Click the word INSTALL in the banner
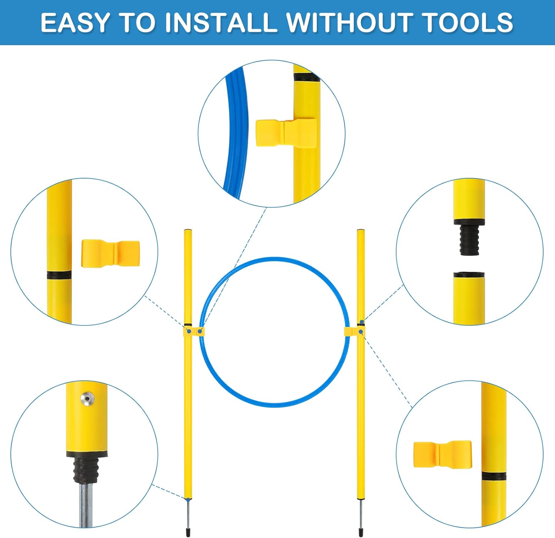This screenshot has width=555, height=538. pos(219,23)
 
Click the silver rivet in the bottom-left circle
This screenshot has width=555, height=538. pos(87,399)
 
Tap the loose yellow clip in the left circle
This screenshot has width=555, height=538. pos(110,253)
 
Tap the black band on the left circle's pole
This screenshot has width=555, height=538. pos(59,275)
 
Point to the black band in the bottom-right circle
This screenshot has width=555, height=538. pos(494,476)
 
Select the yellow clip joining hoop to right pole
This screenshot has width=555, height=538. pos(354,331)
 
